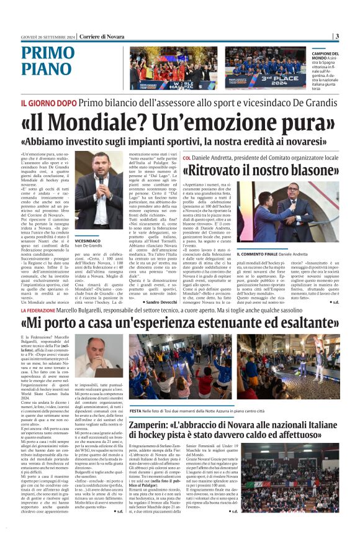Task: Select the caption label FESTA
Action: point(136,410)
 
